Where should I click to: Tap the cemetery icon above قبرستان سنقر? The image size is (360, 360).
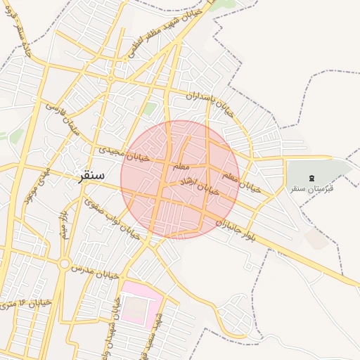point(312,176)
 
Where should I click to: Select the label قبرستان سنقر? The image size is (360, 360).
point(312,188)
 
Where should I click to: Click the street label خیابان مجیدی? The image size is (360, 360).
point(124,153)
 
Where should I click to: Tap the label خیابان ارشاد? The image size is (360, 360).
point(202,185)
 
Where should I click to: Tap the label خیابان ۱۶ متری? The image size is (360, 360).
point(26,304)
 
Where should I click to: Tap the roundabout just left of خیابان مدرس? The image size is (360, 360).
point(64,264)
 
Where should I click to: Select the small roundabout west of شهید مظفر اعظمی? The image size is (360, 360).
point(111,78)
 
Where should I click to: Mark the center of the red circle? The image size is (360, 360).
point(180,179)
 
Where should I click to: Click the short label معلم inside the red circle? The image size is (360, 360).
point(179,166)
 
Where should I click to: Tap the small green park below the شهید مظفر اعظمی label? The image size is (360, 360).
point(150,108)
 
